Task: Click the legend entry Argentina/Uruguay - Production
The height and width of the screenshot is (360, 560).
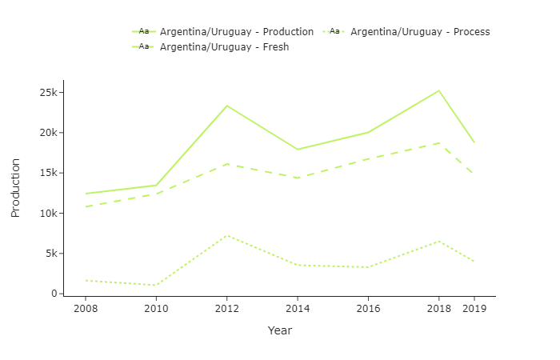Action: pyautogui.click(x=236, y=32)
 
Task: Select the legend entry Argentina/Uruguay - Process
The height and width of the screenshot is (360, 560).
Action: pyautogui.click(x=419, y=32)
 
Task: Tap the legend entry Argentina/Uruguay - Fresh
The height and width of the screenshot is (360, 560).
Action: pyautogui.click(x=224, y=47)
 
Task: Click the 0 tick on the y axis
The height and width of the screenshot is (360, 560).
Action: pyautogui.click(x=54, y=294)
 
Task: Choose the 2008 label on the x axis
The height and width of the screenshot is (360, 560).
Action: pyautogui.click(x=86, y=308)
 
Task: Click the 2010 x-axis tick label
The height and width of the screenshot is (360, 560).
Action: pyautogui.click(x=156, y=308)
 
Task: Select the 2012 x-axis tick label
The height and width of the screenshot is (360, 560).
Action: pyautogui.click(x=226, y=308)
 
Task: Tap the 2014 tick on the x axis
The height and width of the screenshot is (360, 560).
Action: pyautogui.click(x=298, y=308)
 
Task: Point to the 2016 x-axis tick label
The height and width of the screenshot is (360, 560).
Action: pyautogui.click(x=368, y=308)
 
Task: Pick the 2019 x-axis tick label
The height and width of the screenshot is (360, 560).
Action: pyautogui.click(x=474, y=308)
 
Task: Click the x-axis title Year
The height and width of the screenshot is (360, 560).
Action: pyautogui.click(x=280, y=330)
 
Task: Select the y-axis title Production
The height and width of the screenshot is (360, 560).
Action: pyautogui.click(x=15, y=188)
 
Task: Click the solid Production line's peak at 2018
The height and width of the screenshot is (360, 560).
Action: pyautogui.click(x=438, y=90)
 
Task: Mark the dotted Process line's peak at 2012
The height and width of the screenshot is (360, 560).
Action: pyautogui.click(x=227, y=235)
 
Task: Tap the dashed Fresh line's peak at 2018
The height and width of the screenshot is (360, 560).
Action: pyautogui.click(x=438, y=143)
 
